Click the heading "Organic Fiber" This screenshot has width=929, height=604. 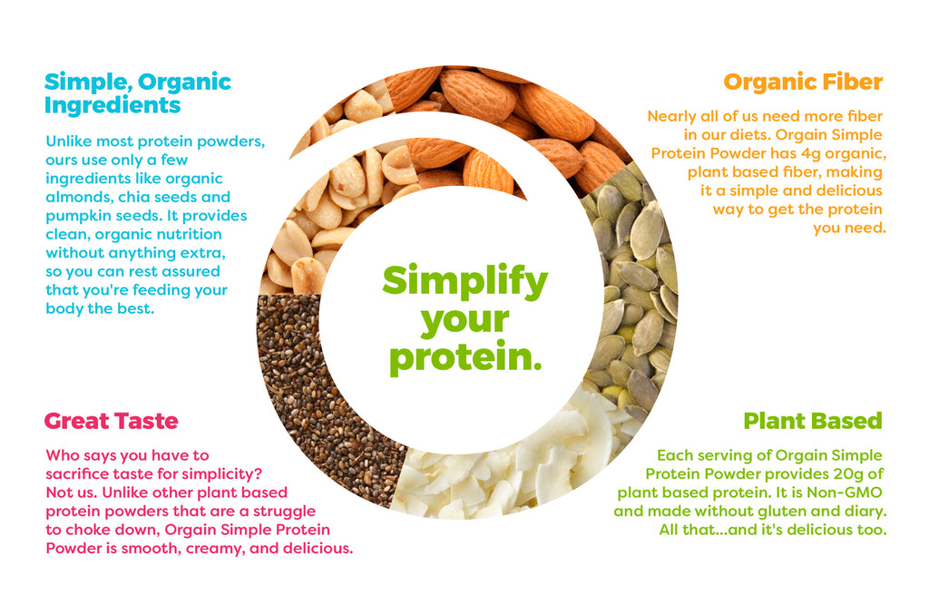pyautogui.click(x=803, y=82)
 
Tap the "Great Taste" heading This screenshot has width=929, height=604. pyautogui.click(x=112, y=421)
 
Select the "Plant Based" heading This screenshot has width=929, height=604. pyautogui.click(x=813, y=421)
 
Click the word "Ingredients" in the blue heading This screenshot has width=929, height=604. pyautogui.click(x=112, y=105)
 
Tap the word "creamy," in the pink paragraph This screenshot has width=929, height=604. pyautogui.click(x=215, y=549)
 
